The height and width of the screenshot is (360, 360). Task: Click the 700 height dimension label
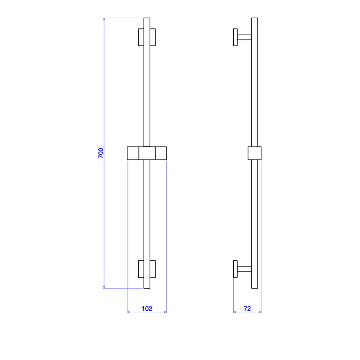coord(101,153)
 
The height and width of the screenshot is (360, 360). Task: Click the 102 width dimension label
coord(147,309)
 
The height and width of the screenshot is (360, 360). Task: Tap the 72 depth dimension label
coord(247,309)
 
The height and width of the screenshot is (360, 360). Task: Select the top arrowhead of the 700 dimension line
coord(104,19)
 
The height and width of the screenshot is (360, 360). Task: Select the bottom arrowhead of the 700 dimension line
coord(104,287)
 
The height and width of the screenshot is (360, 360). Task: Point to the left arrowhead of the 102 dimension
coord(128,312)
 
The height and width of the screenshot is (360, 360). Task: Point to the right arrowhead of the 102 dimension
coord(165,312)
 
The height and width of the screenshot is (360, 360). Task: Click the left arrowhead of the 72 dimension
coord(235,312)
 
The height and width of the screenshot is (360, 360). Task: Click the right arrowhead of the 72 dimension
coord(260,312)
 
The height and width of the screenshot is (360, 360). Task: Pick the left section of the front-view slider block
coord(133,153)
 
